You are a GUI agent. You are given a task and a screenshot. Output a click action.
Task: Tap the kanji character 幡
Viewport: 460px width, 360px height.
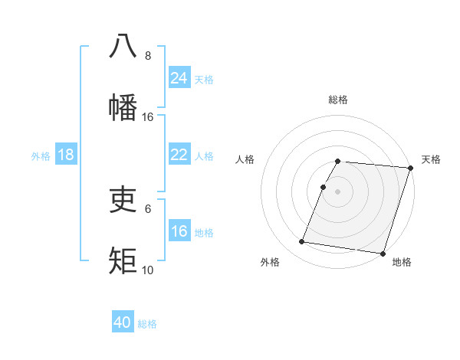click(123, 107)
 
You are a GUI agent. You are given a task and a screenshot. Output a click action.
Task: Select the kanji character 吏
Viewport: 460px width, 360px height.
click(123, 199)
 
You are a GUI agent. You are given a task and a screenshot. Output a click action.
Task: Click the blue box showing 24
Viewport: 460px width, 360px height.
click(179, 77)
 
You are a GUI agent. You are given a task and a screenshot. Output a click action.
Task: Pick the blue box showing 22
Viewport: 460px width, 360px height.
click(179, 155)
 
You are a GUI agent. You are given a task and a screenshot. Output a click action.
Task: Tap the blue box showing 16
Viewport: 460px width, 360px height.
click(179, 231)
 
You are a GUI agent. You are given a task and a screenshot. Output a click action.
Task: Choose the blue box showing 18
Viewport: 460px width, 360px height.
click(66, 155)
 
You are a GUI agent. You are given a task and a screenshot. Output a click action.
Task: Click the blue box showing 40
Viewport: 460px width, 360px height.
click(123, 322)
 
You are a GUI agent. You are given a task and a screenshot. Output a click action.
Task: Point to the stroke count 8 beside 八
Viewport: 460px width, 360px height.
click(148, 55)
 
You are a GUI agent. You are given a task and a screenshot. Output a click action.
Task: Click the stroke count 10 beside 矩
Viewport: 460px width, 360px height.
click(148, 270)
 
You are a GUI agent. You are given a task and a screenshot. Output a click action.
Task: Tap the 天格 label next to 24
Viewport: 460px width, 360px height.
click(204, 79)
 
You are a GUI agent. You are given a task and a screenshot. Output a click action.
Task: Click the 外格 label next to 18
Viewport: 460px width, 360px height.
click(41, 156)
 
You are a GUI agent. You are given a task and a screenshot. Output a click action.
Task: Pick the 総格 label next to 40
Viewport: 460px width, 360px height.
click(147, 324)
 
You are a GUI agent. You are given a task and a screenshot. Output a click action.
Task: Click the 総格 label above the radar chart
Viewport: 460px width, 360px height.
click(338, 100)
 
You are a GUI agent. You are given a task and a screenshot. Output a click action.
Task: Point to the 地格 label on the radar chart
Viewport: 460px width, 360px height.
click(402, 262)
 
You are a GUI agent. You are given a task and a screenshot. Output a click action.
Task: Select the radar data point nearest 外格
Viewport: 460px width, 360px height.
click(302, 242)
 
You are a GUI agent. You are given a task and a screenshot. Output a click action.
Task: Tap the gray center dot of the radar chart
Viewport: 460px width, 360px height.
click(338, 190)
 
